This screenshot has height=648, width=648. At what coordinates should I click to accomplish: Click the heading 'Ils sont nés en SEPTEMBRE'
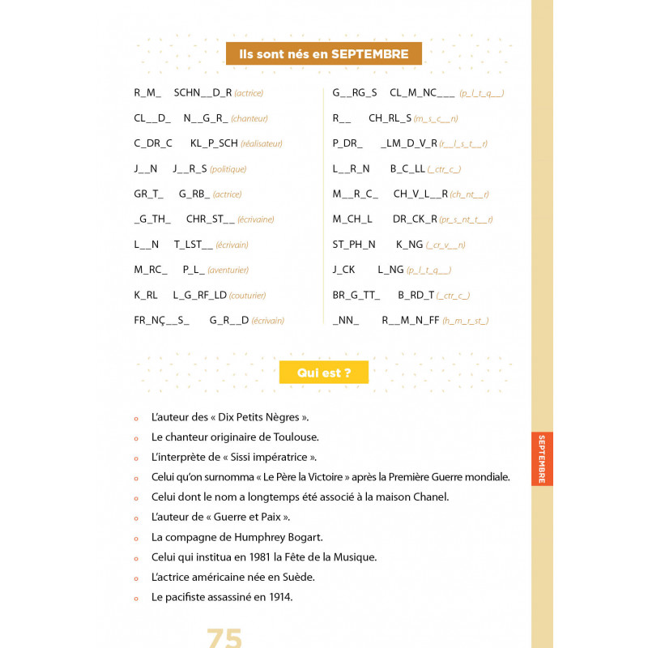click(323, 54)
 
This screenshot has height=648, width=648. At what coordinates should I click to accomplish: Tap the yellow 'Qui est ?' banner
click(323, 373)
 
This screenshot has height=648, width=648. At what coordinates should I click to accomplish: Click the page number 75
click(224, 637)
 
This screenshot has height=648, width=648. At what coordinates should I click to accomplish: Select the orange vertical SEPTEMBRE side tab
click(542, 458)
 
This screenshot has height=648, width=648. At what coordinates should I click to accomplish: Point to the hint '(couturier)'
click(247, 296)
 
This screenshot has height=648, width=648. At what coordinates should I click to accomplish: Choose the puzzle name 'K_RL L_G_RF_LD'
click(180, 295)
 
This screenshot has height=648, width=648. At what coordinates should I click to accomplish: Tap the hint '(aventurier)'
click(228, 270)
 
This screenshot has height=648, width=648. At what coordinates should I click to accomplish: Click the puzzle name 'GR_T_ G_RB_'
click(172, 194)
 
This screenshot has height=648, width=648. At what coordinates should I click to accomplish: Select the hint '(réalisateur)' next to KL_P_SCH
click(261, 143)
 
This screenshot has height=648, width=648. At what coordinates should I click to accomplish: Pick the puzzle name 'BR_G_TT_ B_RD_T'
click(383, 295)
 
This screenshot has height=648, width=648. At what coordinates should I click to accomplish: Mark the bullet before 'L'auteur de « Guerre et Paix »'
click(136, 518)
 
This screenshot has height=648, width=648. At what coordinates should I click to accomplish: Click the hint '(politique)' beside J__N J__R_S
click(228, 168)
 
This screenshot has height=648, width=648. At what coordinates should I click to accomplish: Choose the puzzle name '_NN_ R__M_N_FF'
click(386, 320)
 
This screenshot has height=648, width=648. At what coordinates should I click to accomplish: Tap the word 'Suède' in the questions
click(297, 577)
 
